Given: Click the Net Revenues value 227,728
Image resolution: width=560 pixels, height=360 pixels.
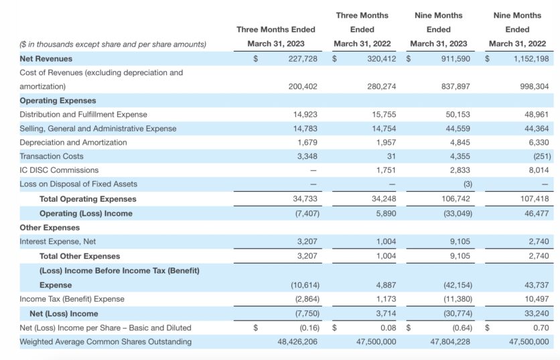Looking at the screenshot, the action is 303,58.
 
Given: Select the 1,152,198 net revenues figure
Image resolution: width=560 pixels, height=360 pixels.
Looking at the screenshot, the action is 531,58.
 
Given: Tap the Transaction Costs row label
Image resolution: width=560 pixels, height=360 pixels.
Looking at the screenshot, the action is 52,156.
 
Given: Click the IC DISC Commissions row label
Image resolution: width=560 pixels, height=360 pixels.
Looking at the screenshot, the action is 59,170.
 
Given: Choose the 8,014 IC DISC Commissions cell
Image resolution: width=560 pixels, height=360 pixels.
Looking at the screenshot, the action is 539,170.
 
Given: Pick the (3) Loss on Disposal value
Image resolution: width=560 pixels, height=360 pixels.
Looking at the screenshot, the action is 468,184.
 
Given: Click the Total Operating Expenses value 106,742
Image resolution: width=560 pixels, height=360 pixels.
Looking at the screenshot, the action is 456,198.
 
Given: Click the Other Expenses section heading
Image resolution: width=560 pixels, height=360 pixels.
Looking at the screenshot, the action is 50,228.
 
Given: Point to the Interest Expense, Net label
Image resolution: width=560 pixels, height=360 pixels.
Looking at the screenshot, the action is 58,241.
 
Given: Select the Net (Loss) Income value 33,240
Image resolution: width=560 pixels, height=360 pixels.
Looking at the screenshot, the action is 537,314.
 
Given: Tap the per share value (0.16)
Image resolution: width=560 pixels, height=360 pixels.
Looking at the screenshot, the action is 309,328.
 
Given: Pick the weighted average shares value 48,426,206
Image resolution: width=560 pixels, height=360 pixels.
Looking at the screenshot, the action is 297,342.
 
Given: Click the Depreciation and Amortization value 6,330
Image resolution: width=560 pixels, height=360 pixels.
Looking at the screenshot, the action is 539,142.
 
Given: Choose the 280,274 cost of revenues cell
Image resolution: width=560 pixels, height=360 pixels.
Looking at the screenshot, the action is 381,86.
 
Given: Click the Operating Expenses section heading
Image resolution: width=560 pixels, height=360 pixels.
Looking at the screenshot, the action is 58,101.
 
